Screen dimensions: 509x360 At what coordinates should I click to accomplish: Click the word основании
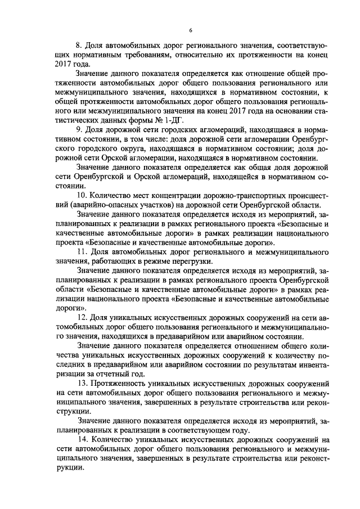click(x=278, y=110)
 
